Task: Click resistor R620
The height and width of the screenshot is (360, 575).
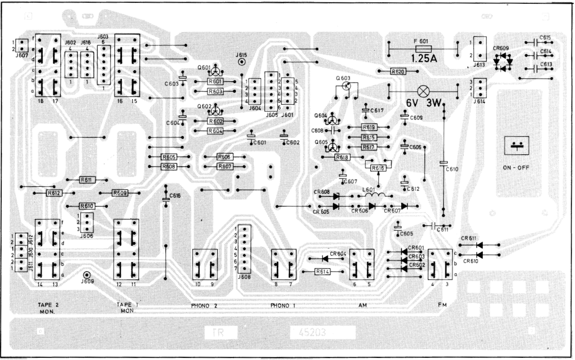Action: [x=399, y=72]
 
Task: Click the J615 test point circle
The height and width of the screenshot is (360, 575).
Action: [x=242, y=62]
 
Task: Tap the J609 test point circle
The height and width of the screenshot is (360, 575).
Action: [x=87, y=275]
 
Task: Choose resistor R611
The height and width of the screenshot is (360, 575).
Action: [x=88, y=180]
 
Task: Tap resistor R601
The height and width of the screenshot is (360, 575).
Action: [x=215, y=81]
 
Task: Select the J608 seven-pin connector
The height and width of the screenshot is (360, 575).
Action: [x=243, y=250]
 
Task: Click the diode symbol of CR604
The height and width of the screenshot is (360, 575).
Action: [x=324, y=258]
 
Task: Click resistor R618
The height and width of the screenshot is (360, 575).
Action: [x=342, y=157]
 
